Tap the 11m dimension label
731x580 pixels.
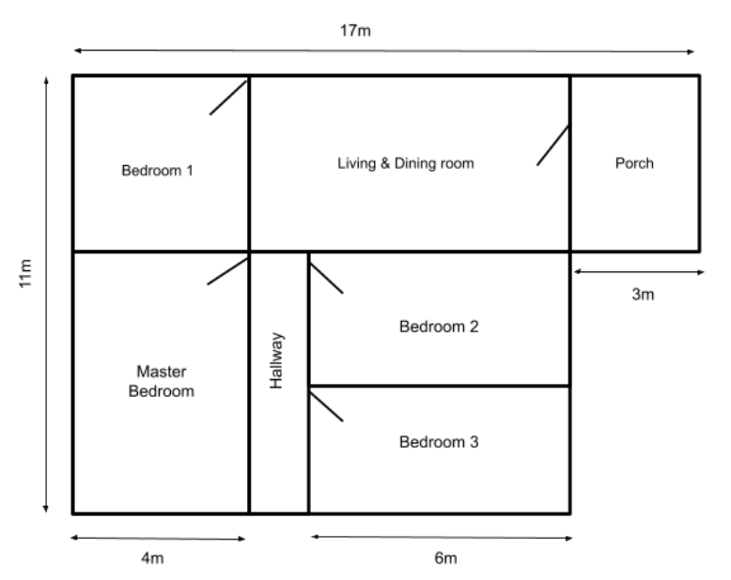point(27,274)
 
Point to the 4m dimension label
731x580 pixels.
point(152,559)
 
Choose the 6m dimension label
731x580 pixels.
point(445,559)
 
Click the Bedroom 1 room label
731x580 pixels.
point(157,171)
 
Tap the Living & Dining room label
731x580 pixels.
point(406,163)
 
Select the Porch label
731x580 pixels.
point(633,163)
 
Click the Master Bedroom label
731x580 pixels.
point(161,381)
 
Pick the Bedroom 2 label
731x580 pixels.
point(439,328)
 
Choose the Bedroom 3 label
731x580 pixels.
point(439,441)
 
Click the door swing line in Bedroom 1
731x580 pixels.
point(228,97)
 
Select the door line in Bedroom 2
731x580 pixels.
point(326,277)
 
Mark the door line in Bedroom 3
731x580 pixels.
point(326,404)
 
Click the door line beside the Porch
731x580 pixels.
point(553,145)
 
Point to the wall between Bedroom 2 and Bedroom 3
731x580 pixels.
point(439,386)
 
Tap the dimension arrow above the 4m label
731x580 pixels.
point(158,539)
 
